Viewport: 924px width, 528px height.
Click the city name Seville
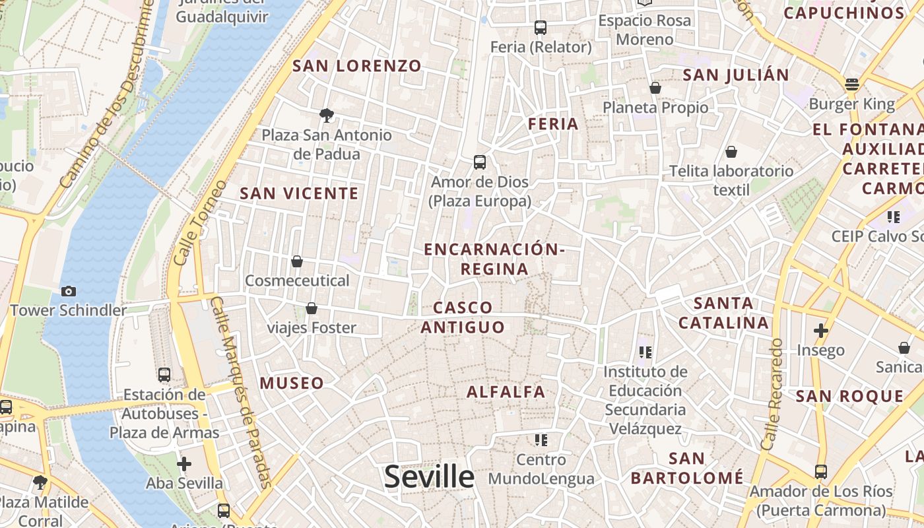tap(429, 477)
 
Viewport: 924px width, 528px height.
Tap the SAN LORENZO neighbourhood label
tap(356, 66)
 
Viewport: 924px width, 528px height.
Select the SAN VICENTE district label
tap(299, 193)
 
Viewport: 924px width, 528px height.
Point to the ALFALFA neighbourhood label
tap(506, 392)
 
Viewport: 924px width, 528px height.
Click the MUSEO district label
tap(292, 383)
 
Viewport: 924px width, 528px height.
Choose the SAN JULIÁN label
tap(736, 75)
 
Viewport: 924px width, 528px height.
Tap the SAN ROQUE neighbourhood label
tap(849, 396)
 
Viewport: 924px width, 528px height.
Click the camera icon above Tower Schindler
tap(68, 291)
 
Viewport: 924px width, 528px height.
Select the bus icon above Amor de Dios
tap(480, 162)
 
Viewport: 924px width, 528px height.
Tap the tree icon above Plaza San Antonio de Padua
tap(326, 115)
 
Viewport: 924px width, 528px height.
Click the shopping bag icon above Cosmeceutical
tap(297, 261)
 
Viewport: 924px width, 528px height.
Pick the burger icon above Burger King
tap(852, 84)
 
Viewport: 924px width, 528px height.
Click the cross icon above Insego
tap(820, 330)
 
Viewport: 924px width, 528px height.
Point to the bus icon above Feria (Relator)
tap(541, 28)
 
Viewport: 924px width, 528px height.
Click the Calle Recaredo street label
tap(772, 394)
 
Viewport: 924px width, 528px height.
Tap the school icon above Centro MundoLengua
tap(541, 440)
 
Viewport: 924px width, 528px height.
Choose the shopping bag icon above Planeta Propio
tap(655, 88)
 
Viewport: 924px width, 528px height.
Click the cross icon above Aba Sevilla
tap(184, 463)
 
